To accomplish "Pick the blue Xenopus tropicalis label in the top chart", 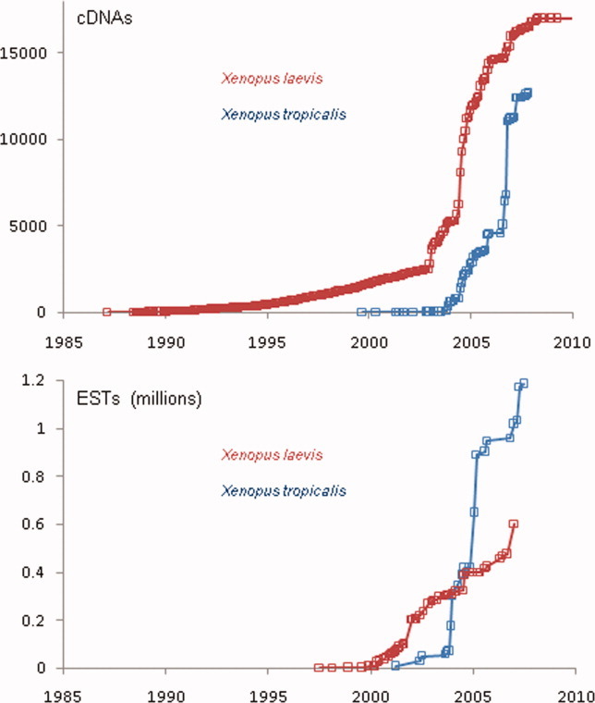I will click(x=277, y=116).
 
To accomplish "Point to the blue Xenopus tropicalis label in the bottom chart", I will click(x=277, y=490).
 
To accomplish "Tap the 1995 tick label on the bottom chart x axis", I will click(x=267, y=690).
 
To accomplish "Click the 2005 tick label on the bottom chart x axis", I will click(x=471, y=690).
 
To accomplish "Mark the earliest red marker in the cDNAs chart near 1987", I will click(x=106, y=312).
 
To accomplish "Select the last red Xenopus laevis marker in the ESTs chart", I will click(x=514, y=524).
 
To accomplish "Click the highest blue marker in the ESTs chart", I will click(x=524, y=383).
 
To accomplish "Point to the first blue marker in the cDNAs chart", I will click(x=361, y=312).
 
